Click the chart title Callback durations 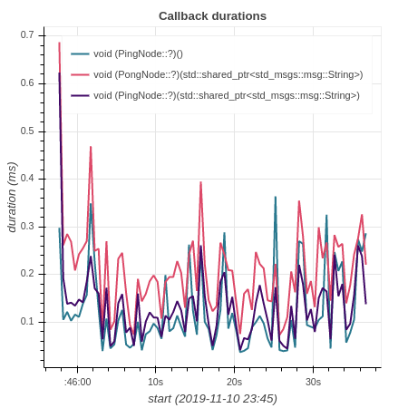point(212,16)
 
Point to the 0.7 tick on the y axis point(27,35)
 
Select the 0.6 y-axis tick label point(27,83)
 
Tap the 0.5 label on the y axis point(27,131)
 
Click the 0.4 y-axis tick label point(27,179)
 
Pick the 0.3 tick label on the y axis point(27,227)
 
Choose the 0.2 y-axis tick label point(27,274)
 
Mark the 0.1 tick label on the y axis point(27,322)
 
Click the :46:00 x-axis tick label point(77,382)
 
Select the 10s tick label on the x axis point(155,382)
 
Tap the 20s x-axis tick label point(234,382)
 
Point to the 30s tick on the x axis point(313,382)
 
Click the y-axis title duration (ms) point(12,198)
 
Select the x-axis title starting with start point(212,399)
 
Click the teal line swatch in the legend point(80,54)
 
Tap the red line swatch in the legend point(80,74)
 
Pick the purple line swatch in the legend point(80,96)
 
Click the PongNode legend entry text point(228,75)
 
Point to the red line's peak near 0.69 point(59,43)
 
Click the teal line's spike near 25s point(276,197)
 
